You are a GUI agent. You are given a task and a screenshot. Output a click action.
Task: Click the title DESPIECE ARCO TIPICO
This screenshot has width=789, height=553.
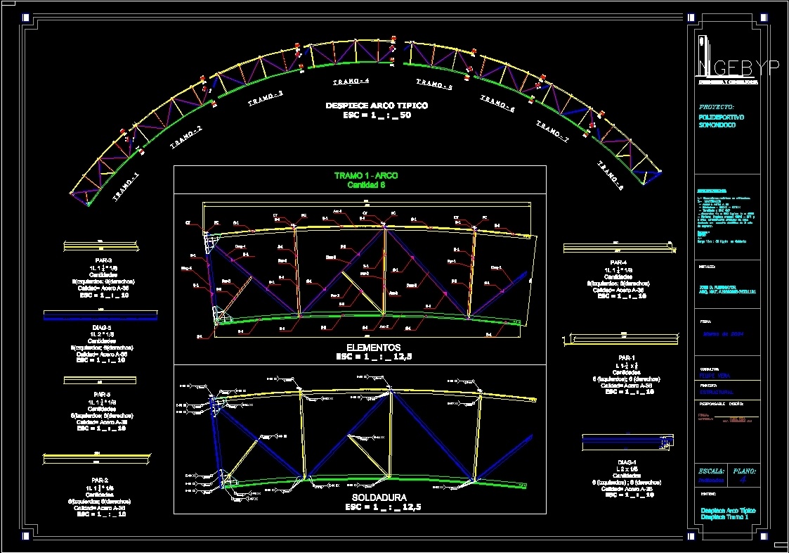[x=376, y=106]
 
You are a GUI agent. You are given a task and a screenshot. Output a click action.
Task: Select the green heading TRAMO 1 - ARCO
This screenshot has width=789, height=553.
[x=366, y=176]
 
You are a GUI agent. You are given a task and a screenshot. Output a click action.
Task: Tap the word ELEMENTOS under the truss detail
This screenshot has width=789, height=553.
[x=374, y=348]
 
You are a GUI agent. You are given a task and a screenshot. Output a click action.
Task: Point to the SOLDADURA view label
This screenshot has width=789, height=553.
[x=374, y=497]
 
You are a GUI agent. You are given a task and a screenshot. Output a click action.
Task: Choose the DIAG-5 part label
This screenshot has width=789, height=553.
[x=101, y=327]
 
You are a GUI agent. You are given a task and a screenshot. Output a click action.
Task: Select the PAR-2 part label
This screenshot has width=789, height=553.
[x=99, y=481]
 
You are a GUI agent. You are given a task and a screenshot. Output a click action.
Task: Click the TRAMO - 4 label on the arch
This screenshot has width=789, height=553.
[x=351, y=82]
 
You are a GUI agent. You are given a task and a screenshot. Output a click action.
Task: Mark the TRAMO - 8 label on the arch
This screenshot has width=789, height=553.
[x=612, y=174]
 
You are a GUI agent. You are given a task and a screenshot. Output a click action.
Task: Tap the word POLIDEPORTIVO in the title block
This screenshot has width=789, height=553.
[x=722, y=117]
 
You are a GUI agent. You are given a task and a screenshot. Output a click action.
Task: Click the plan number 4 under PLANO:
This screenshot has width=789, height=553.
[x=743, y=480]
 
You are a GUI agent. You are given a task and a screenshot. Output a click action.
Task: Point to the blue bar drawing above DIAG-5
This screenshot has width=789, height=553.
[x=100, y=315]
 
